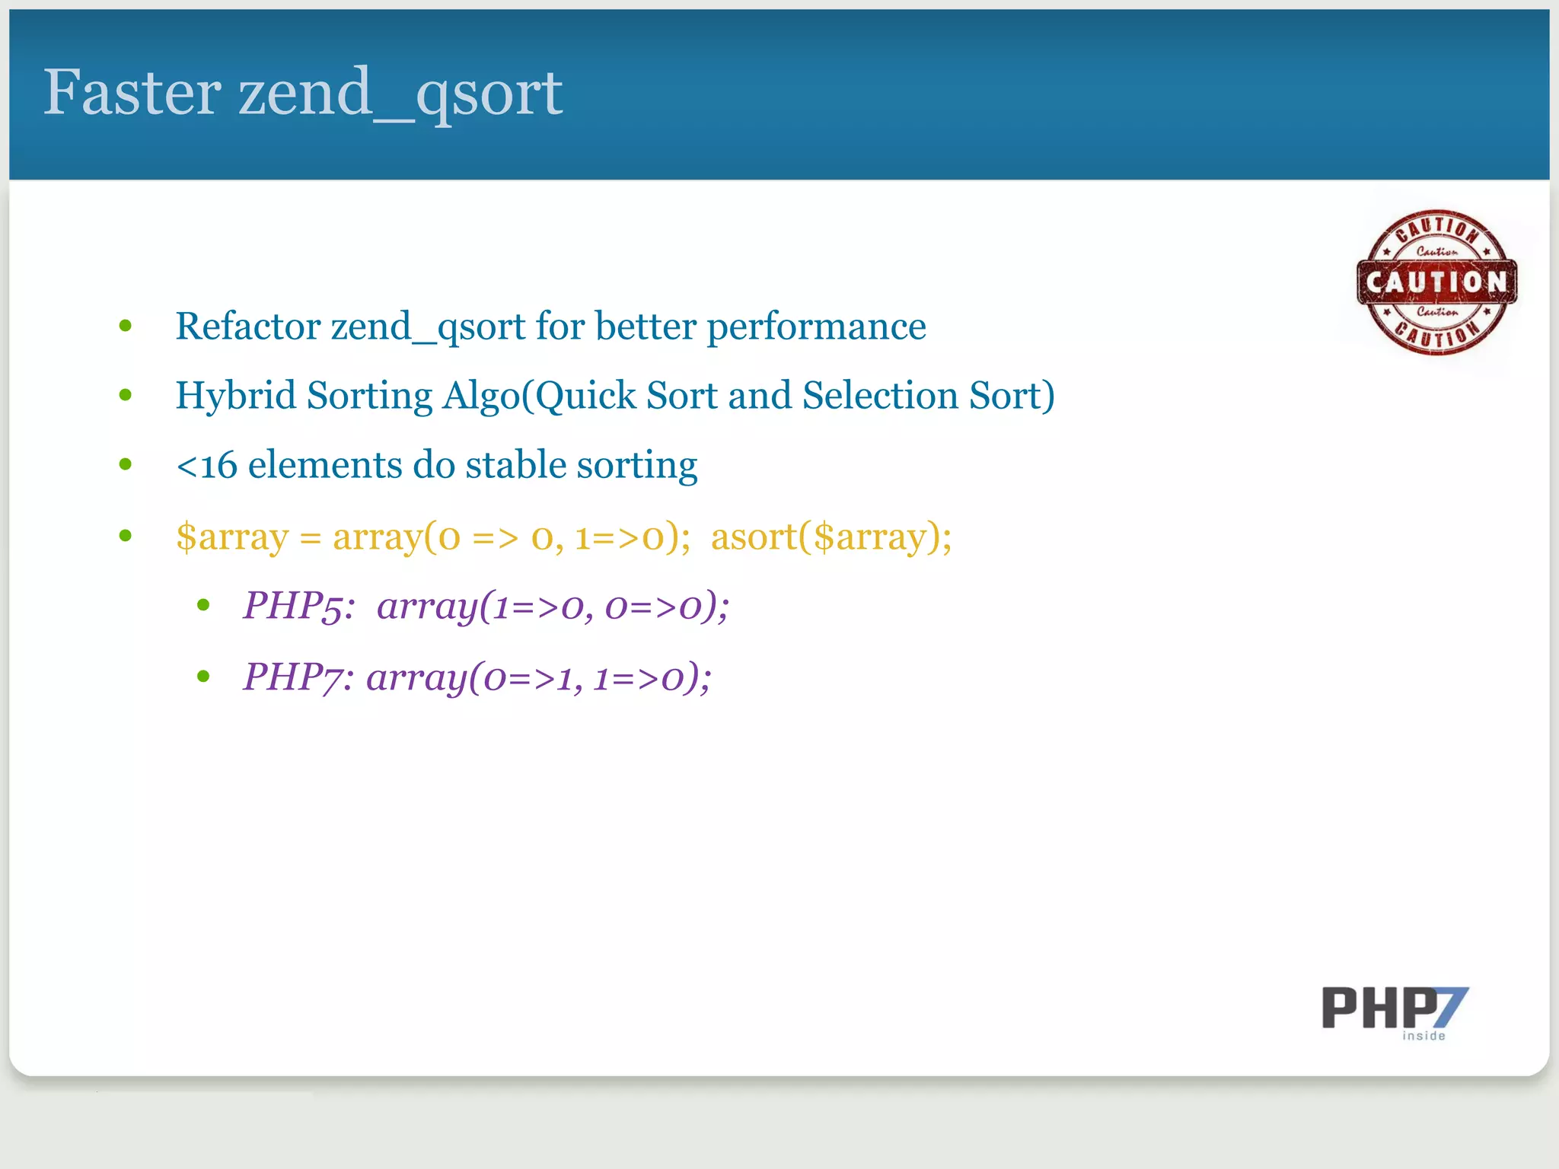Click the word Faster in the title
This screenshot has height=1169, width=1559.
click(x=132, y=92)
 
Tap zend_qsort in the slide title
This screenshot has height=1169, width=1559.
click(x=400, y=94)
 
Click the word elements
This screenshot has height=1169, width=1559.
click(x=325, y=465)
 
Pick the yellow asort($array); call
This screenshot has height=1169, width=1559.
click(x=831, y=537)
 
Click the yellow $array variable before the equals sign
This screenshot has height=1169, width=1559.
click(x=232, y=537)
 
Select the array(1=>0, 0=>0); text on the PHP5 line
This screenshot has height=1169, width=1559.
click(x=553, y=607)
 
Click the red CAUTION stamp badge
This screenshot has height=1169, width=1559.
click(x=1436, y=282)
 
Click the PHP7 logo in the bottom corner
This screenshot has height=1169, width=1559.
click(x=1394, y=1008)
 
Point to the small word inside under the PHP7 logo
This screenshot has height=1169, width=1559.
click(x=1424, y=1036)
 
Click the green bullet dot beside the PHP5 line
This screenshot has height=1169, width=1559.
click(x=202, y=606)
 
